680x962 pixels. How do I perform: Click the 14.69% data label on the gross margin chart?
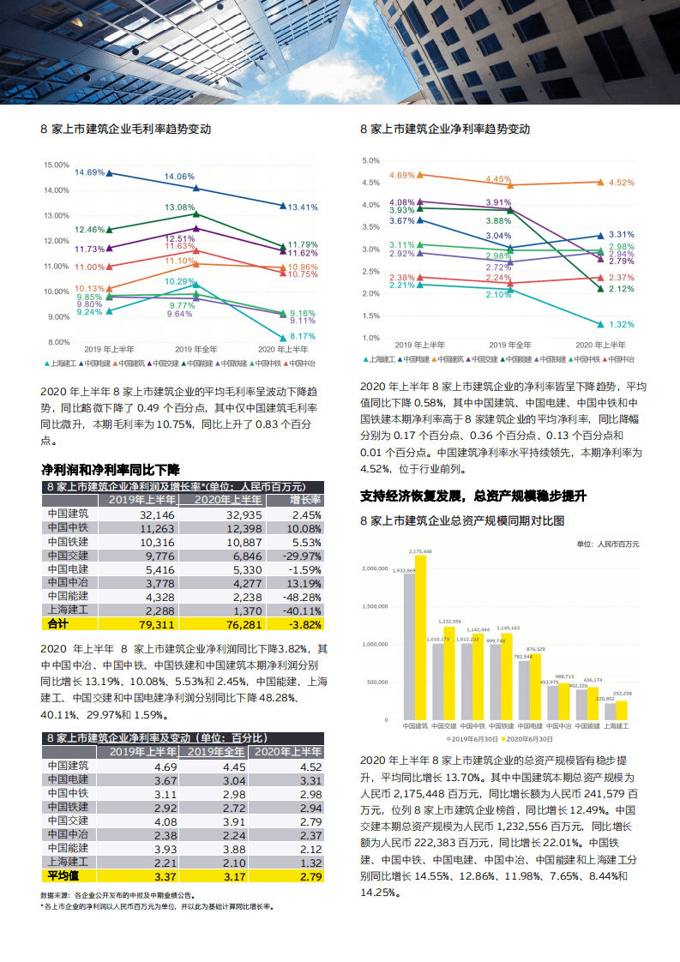pyautogui.click(x=89, y=172)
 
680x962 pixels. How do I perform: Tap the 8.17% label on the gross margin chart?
pyautogui.click(x=303, y=336)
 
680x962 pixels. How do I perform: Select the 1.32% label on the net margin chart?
pyautogui.click(x=621, y=325)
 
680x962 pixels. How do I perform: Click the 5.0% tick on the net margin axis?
pyautogui.click(x=370, y=160)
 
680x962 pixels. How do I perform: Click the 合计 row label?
pyautogui.click(x=57, y=624)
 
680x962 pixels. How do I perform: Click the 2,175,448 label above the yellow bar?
pyautogui.click(x=420, y=552)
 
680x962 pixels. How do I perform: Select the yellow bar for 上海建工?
pyautogui.click(x=622, y=710)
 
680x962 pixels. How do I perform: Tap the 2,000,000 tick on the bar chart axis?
pyautogui.click(x=382, y=568)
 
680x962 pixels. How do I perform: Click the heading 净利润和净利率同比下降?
pyautogui.click(x=111, y=470)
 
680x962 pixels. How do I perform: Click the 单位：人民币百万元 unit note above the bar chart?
pyautogui.click(x=607, y=544)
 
